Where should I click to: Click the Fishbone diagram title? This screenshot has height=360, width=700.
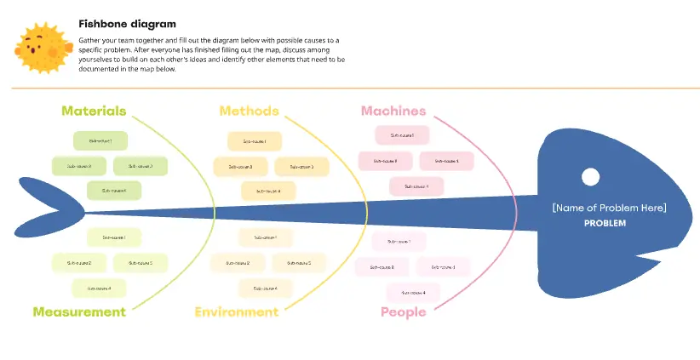coord(127,24)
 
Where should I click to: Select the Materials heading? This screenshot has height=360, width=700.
coord(94,111)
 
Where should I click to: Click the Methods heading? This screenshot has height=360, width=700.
coord(249,111)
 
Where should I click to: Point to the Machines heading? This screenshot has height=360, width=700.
coord(393,111)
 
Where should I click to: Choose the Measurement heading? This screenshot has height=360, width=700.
coord(79,311)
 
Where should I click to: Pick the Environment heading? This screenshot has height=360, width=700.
coord(236,311)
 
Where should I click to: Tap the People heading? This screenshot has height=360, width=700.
coord(403,312)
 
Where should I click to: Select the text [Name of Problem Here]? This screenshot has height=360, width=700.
coord(608,208)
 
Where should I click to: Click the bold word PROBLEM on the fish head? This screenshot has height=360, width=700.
coord(605,223)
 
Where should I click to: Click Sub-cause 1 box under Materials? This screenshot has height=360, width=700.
coord(100,140)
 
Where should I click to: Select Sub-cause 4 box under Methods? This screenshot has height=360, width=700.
coord(267,191)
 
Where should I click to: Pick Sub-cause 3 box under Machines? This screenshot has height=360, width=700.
coord(446,160)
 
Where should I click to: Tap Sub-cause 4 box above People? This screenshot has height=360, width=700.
coord(413,293)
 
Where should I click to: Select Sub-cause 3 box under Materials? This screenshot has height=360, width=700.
coord(141,166)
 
